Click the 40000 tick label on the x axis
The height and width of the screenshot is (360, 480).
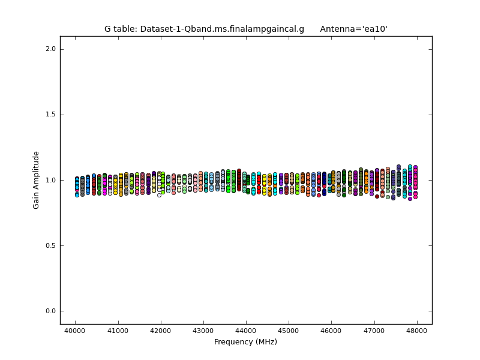pyautogui.click(x=75, y=331)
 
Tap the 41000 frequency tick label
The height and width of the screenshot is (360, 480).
pyautogui.click(x=118, y=331)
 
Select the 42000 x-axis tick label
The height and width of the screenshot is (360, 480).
pyautogui.click(x=160, y=331)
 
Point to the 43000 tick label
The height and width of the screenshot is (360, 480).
pyautogui.click(x=203, y=331)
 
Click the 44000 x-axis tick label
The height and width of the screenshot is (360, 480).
pyautogui.click(x=246, y=331)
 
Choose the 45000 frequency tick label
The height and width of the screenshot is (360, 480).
pyautogui.click(x=289, y=331)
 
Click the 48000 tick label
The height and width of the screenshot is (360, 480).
pyautogui.click(x=417, y=331)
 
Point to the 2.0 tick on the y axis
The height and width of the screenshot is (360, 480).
pyautogui.click(x=50, y=49)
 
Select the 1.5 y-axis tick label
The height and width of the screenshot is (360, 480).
pyautogui.click(x=50, y=115)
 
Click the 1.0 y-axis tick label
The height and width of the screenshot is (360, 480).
pyautogui.click(x=50, y=180)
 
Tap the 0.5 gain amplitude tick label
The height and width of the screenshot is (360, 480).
pyautogui.click(x=50, y=245)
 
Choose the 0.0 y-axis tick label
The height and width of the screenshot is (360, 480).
pyautogui.click(x=50, y=311)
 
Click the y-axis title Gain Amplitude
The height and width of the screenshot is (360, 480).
pyautogui.click(x=37, y=180)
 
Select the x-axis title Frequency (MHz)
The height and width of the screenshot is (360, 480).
pyautogui.click(x=245, y=342)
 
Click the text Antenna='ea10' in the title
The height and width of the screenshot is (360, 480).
pyautogui.click(x=353, y=29)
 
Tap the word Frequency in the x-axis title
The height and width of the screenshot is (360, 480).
pyautogui.click(x=235, y=342)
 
